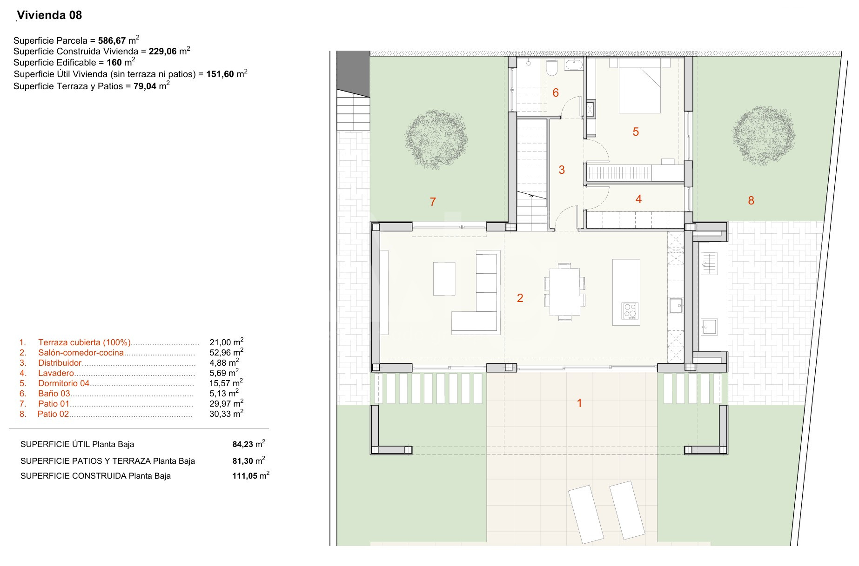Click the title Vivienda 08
pyautogui.click(x=49, y=15)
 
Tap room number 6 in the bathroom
pyautogui.click(x=556, y=92)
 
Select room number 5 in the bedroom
pyautogui.click(x=636, y=132)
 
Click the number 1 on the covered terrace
pyautogui.click(x=579, y=403)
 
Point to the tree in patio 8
pyautogui.click(x=764, y=135)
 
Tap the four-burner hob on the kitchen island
pyautogui.click(x=630, y=310)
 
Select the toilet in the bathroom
pyautogui.click(x=552, y=68)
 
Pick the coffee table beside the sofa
pyautogui.click(x=444, y=278)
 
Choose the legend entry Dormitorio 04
pyautogui.click(x=64, y=383)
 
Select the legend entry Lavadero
pyautogui.click(x=56, y=373)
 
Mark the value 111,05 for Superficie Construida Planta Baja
pyautogui.click(x=245, y=476)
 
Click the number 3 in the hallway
pyautogui.click(x=562, y=170)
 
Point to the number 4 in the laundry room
pyautogui.click(x=638, y=199)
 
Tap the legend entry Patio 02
pyautogui.click(x=53, y=414)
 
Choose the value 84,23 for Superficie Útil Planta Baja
pyautogui.click(x=243, y=444)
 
